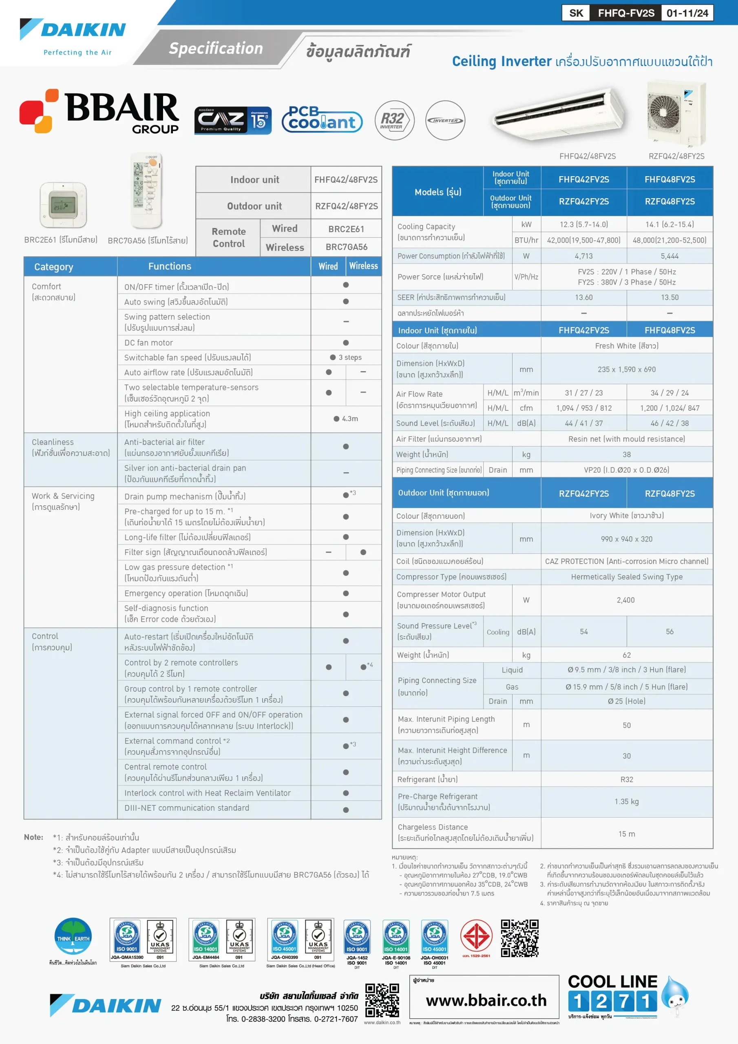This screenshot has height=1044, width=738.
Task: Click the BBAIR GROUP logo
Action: click(x=99, y=111)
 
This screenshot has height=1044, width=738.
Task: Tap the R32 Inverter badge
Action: click(x=394, y=120)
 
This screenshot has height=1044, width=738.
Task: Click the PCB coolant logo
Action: click(x=322, y=119)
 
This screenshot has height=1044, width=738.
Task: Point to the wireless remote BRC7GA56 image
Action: click(x=146, y=190)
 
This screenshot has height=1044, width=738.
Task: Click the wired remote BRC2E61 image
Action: click(x=63, y=205)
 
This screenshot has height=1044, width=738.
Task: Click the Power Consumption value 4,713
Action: click(x=583, y=256)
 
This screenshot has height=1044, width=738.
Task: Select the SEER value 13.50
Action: click(x=670, y=297)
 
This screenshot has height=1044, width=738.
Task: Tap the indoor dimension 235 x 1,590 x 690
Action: click(x=626, y=369)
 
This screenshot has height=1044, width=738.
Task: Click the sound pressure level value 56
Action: click(x=670, y=632)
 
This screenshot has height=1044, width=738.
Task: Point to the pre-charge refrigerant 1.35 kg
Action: click(x=626, y=801)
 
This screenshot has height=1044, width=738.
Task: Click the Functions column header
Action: click(x=170, y=266)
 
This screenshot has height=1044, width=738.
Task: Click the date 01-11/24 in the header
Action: click(x=687, y=13)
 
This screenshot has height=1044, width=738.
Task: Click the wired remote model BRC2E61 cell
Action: click(x=346, y=229)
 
